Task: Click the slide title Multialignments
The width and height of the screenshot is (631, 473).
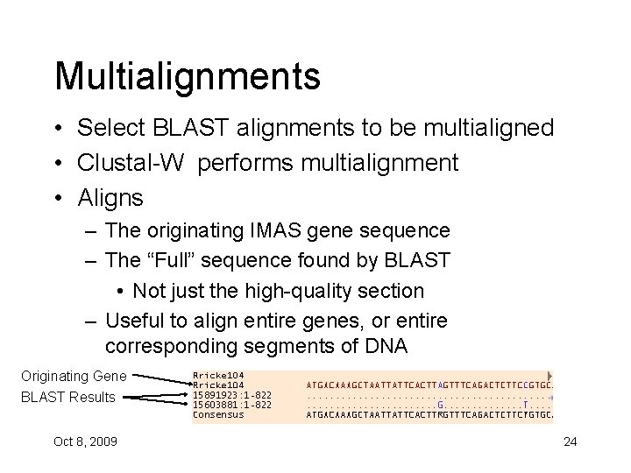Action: coord(187,76)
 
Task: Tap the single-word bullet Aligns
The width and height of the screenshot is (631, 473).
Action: coord(110,198)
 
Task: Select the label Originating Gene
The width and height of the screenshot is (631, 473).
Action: coord(74,376)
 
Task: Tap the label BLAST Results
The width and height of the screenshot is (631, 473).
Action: coord(68,397)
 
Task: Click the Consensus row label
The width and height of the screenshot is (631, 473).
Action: coord(218,414)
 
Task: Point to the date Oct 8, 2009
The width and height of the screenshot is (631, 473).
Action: coord(84,441)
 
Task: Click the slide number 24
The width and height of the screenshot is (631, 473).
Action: coord(570,441)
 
